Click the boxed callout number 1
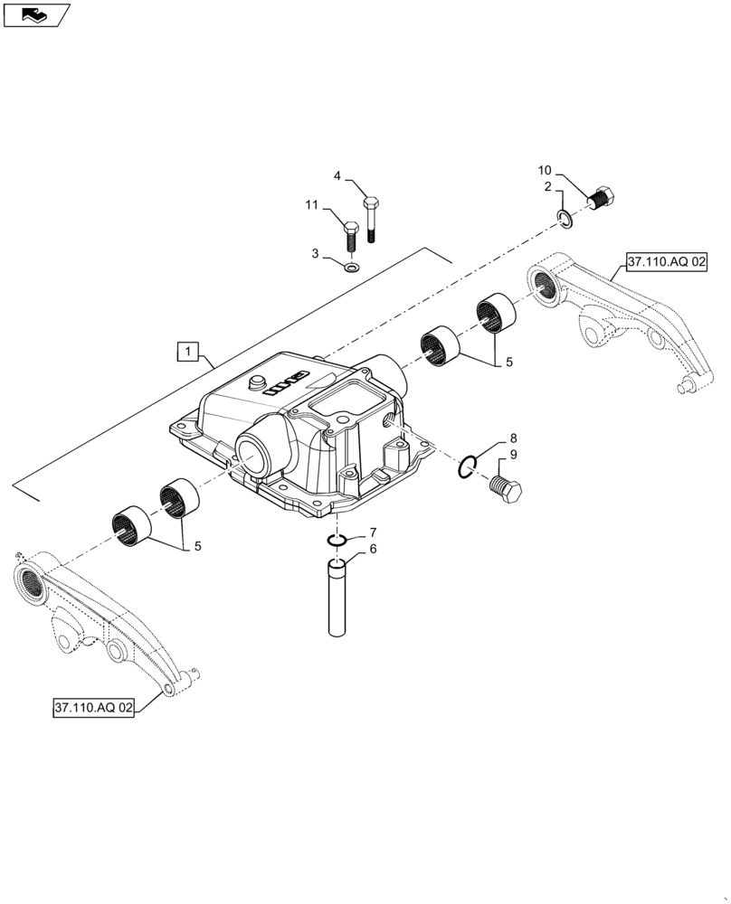tap(187, 351)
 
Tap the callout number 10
tap(544, 170)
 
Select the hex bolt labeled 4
tap(372, 218)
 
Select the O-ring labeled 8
tap(467, 466)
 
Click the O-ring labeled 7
tap(337, 540)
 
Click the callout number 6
tap(372, 549)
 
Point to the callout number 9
tap(513, 455)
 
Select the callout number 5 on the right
tap(508, 362)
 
